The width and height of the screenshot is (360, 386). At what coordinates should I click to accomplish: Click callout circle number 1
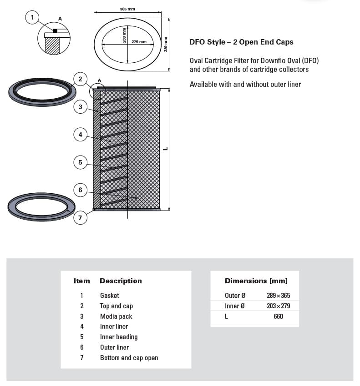pyautogui.click(x=32, y=18)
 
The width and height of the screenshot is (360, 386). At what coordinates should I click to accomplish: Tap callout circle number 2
pyautogui.click(x=80, y=79)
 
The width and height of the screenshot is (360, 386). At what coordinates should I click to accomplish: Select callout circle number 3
pyautogui.click(x=80, y=107)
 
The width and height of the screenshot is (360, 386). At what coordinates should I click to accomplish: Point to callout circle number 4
pyautogui.click(x=80, y=135)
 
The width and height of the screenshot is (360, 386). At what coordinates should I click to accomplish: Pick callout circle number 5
pyautogui.click(x=80, y=162)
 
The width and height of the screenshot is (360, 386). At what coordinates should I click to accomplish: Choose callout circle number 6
pyautogui.click(x=80, y=190)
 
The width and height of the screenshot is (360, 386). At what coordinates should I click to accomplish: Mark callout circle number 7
pyautogui.click(x=80, y=218)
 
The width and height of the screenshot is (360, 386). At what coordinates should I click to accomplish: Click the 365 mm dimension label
pyautogui.click(x=127, y=9)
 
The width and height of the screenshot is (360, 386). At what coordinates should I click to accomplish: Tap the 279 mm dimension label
pyautogui.click(x=139, y=42)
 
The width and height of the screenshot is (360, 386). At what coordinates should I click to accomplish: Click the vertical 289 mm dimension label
pyautogui.click(x=166, y=44)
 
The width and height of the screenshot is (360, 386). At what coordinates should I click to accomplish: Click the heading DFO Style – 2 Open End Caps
pyautogui.click(x=241, y=42)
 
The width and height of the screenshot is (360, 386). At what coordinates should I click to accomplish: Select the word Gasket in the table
pyautogui.click(x=110, y=296)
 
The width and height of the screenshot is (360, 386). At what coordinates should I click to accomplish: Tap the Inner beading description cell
pyautogui.click(x=119, y=337)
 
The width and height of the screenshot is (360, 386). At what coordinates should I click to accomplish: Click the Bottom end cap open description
pyautogui.click(x=129, y=358)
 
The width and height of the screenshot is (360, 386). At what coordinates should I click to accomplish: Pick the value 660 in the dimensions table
pyautogui.click(x=279, y=316)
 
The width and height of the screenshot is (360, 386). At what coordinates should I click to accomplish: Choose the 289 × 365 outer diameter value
pyautogui.click(x=278, y=296)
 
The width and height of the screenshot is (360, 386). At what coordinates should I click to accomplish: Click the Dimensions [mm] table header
pyautogui.click(x=256, y=281)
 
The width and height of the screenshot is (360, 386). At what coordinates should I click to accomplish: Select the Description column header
pyautogui.click(x=121, y=281)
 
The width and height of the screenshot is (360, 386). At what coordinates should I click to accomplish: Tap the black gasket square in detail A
pyautogui.click(x=55, y=31)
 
